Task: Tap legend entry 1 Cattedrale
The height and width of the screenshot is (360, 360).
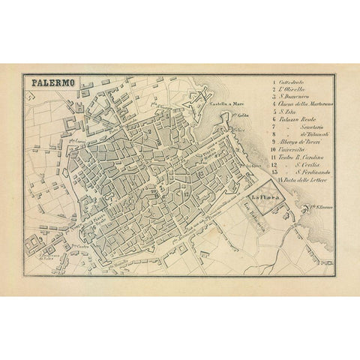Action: (x=292, y=81)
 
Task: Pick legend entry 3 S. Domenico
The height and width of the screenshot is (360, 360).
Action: (x=293, y=100)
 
